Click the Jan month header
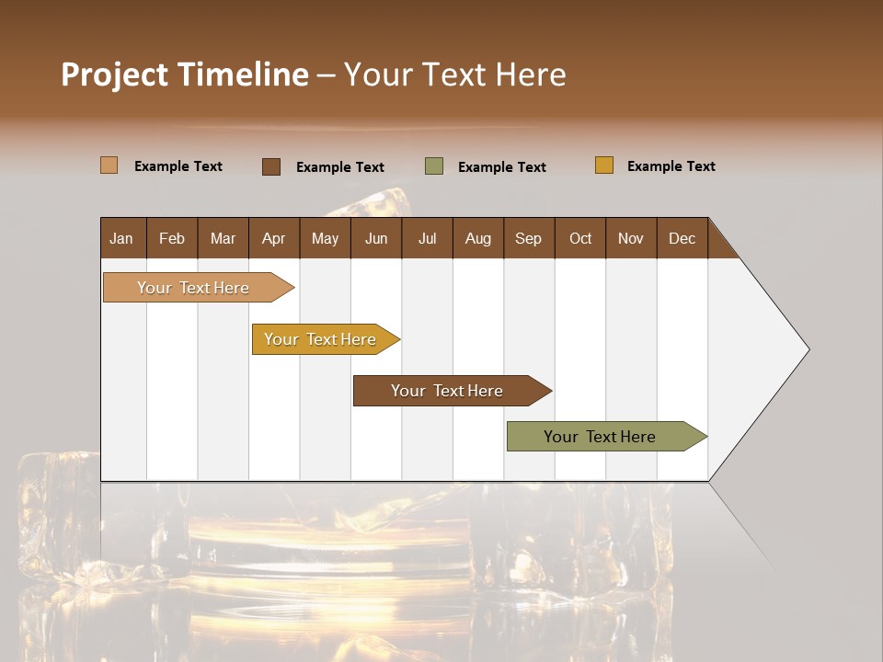coord(122,238)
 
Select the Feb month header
coord(172,238)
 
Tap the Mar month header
coord(223,238)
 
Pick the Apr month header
coord(274,238)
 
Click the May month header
coord(325,238)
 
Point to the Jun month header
coord(376,238)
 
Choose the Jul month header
coord(427,238)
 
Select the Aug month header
coord(478,238)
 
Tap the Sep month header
coord(529,238)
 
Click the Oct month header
coord(580,238)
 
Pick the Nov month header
coord(631,238)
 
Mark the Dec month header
coord(682,238)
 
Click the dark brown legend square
coord(271,166)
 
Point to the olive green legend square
coord(434,165)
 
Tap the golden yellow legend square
coord(604,165)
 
